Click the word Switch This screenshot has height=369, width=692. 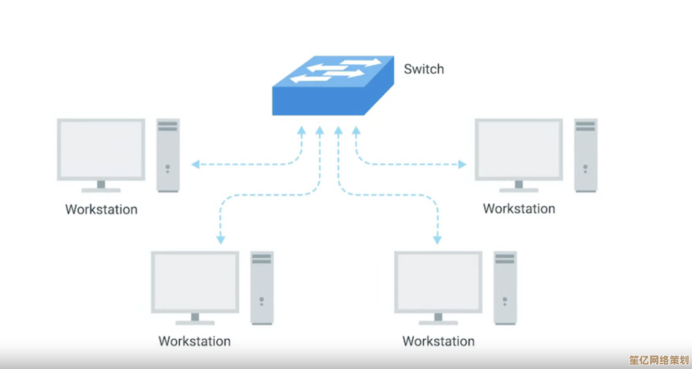tap(423, 69)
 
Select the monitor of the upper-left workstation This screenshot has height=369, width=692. tap(101, 149)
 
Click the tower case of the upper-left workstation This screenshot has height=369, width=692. tap(168, 155)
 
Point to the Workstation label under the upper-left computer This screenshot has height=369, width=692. tap(101, 209)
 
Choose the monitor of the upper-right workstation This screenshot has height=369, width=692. tap(519, 149)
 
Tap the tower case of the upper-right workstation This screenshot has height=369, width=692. tap(585, 155)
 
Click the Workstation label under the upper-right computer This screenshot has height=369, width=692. tap(519, 209)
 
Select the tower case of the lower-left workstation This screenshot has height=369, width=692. tap(262, 287)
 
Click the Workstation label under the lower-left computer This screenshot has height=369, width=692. tap(195, 341)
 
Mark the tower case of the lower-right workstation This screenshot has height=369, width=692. tap(505, 287)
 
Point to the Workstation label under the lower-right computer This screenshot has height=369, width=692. tap(438, 341)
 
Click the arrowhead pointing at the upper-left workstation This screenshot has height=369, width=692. tap(195, 165)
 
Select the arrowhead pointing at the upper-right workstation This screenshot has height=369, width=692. tap(462, 165)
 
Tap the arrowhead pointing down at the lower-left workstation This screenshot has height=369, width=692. tap(221, 239)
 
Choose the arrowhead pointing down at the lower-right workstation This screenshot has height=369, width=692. tap(437, 239)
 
